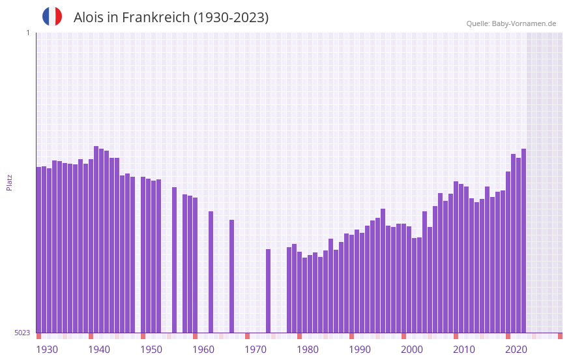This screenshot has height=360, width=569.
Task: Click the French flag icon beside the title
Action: [52, 17]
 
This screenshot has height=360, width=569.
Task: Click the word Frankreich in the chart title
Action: [156, 18]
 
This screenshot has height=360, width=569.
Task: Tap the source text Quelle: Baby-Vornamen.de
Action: [511, 23]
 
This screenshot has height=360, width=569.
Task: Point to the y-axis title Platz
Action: [9, 182]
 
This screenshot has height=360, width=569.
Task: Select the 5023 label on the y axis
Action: [22, 333]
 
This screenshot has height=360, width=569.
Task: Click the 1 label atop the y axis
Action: [27, 33]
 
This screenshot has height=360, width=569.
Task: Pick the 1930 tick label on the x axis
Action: [47, 350]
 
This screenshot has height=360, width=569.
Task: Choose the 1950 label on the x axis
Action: [151, 350]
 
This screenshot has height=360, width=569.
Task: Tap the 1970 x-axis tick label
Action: [255, 350]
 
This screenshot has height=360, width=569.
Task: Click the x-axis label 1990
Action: [360, 350]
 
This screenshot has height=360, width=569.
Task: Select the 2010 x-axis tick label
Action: [464, 350]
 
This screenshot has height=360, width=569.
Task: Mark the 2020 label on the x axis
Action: [516, 350]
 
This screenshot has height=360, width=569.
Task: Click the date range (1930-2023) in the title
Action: [231, 18]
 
